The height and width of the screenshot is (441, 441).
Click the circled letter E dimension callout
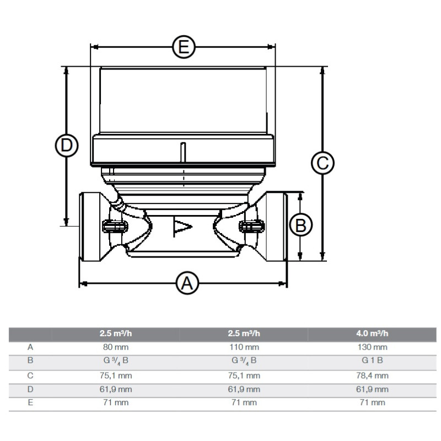[184, 47]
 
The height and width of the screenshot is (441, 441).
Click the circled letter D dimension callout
[67, 146]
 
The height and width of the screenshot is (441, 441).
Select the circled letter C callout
[322, 163]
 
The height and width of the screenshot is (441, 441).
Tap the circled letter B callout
[300, 225]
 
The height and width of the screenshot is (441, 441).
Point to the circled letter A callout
[187, 283]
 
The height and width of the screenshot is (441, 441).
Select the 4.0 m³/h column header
[372, 334]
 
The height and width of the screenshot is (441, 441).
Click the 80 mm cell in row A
[116, 347]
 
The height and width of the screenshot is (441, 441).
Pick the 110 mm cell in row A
[244, 347]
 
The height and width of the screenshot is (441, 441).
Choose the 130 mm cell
[372, 347]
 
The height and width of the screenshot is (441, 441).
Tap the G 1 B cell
[372, 361]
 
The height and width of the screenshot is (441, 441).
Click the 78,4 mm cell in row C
[372, 375]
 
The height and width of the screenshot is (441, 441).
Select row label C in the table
[30, 375]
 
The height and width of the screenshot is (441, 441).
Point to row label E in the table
[30, 402]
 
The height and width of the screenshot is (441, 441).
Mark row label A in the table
[30, 347]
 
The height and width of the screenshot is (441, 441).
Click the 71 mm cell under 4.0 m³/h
[372, 402]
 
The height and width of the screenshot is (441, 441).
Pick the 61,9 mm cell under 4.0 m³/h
[372, 389]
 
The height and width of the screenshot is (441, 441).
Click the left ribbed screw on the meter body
[115, 226]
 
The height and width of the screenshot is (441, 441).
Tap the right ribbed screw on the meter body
[252, 226]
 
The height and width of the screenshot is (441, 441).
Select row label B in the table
[30, 361]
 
